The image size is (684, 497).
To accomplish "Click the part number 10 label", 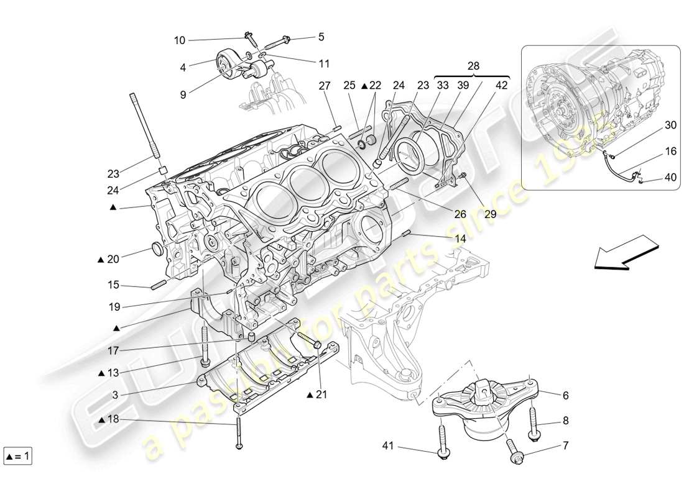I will [179, 40].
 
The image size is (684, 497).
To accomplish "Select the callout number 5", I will [321, 37].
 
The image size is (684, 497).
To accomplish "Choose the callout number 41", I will [388, 445].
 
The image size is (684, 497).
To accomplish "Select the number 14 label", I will [460, 238].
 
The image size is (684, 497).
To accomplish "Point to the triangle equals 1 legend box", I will [17, 457].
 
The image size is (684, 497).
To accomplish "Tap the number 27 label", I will [325, 86].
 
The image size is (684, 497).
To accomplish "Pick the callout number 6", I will [565, 395].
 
